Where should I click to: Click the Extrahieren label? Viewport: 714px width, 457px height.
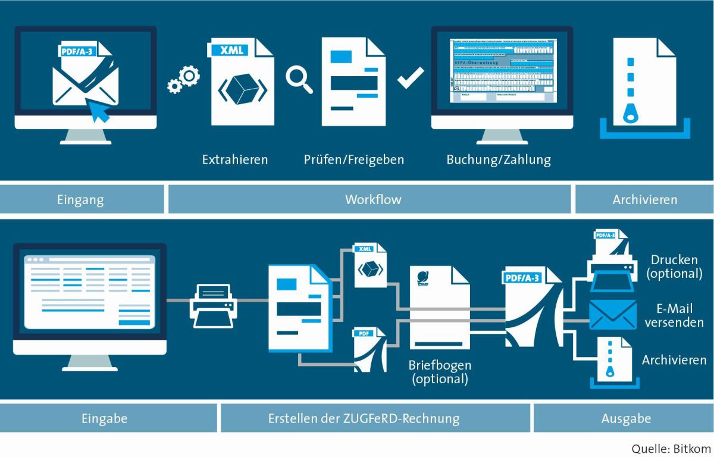[x=235, y=159]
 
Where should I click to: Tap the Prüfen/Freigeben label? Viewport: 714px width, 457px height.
[x=353, y=159]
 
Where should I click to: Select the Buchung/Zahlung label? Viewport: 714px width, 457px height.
[x=499, y=159]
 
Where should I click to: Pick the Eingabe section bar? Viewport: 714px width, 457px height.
[x=105, y=418]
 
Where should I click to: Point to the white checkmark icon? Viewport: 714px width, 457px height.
[x=411, y=78]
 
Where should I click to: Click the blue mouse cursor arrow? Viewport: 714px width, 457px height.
[x=99, y=111]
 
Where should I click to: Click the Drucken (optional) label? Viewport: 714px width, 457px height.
[x=674, y=267]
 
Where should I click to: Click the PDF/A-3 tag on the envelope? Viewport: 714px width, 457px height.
[x=78, y=51]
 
